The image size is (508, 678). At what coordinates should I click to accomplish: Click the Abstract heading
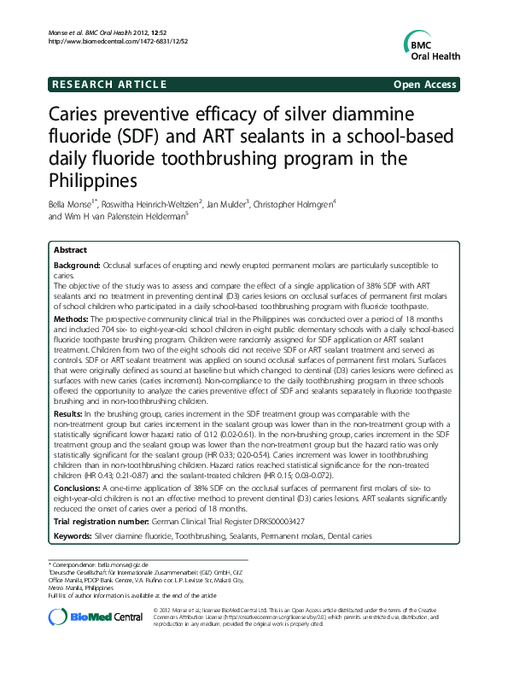pyautogui.click(x=69, y=250)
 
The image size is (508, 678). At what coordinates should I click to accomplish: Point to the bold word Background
pyautogui.click(x=76, y=267)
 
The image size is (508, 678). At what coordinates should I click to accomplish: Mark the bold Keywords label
pyautogui.click(x=72, y=535)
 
